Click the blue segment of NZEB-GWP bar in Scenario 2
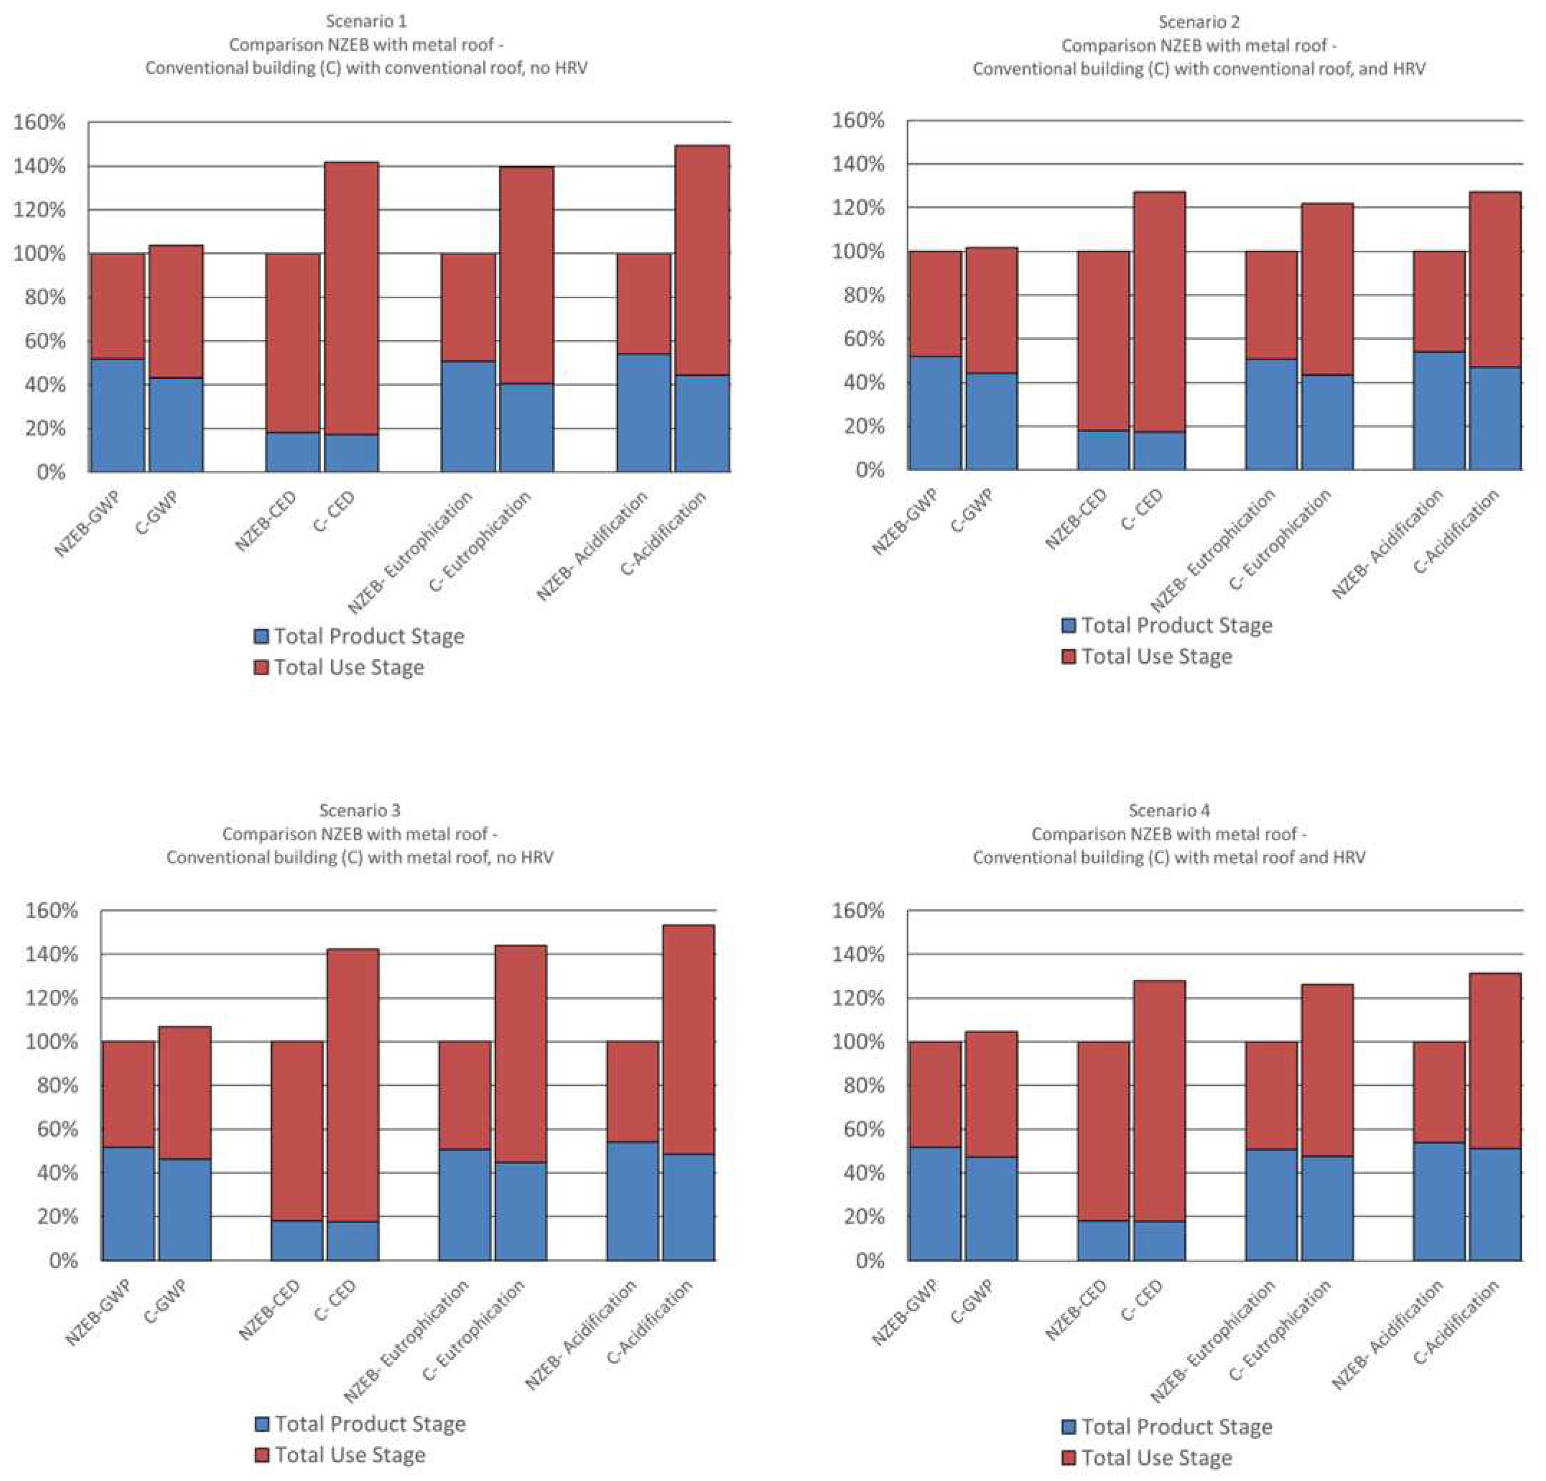pyautogui.click(x=935, y=413)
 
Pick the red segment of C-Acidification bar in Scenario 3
pyautogui.click(x=689, y=1039)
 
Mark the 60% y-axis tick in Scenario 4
pyautogui.click(x=859, y=1129)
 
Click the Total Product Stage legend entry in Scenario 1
pyautogui.click(x=359, y=636)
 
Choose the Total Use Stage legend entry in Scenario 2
pyautogui.click(x=1148, y=656)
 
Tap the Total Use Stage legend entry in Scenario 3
pyautogui.click(x=341, y=1455)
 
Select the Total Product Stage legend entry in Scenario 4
pyautogui.click(x=1167, y=1426)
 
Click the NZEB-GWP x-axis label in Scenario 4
pyautogui.click(x=905, y=1312)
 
